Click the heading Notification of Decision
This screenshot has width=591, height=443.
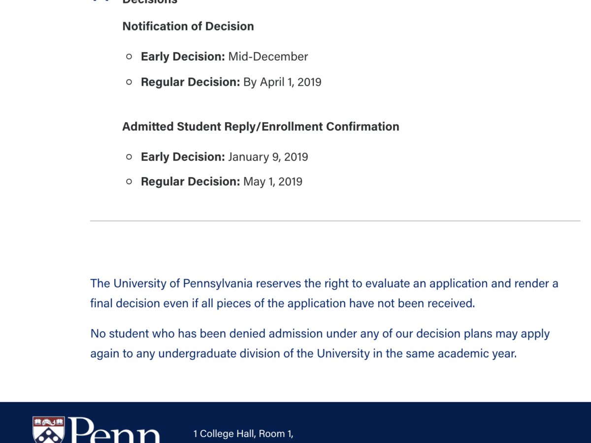[x=188, y=27]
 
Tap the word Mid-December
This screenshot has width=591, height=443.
[x=268, y=57]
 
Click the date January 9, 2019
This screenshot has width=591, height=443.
[x=268, y=157]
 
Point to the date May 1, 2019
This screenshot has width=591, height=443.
[x=273, y=182]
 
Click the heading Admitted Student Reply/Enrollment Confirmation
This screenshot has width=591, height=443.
[x=261, y=127]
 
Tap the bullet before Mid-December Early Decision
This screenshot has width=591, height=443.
[x=129, y=57]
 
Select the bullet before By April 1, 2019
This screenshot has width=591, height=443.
[x=129, y=82]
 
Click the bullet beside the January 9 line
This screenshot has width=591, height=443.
[x=129, y=157]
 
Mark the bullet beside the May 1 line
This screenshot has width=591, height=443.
[x=129, y=182]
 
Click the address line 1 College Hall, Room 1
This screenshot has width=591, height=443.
[x=243, y=434]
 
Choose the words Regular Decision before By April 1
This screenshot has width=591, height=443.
[x=190, y=82]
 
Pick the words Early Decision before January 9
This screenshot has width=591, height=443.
[x=183, y=157]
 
